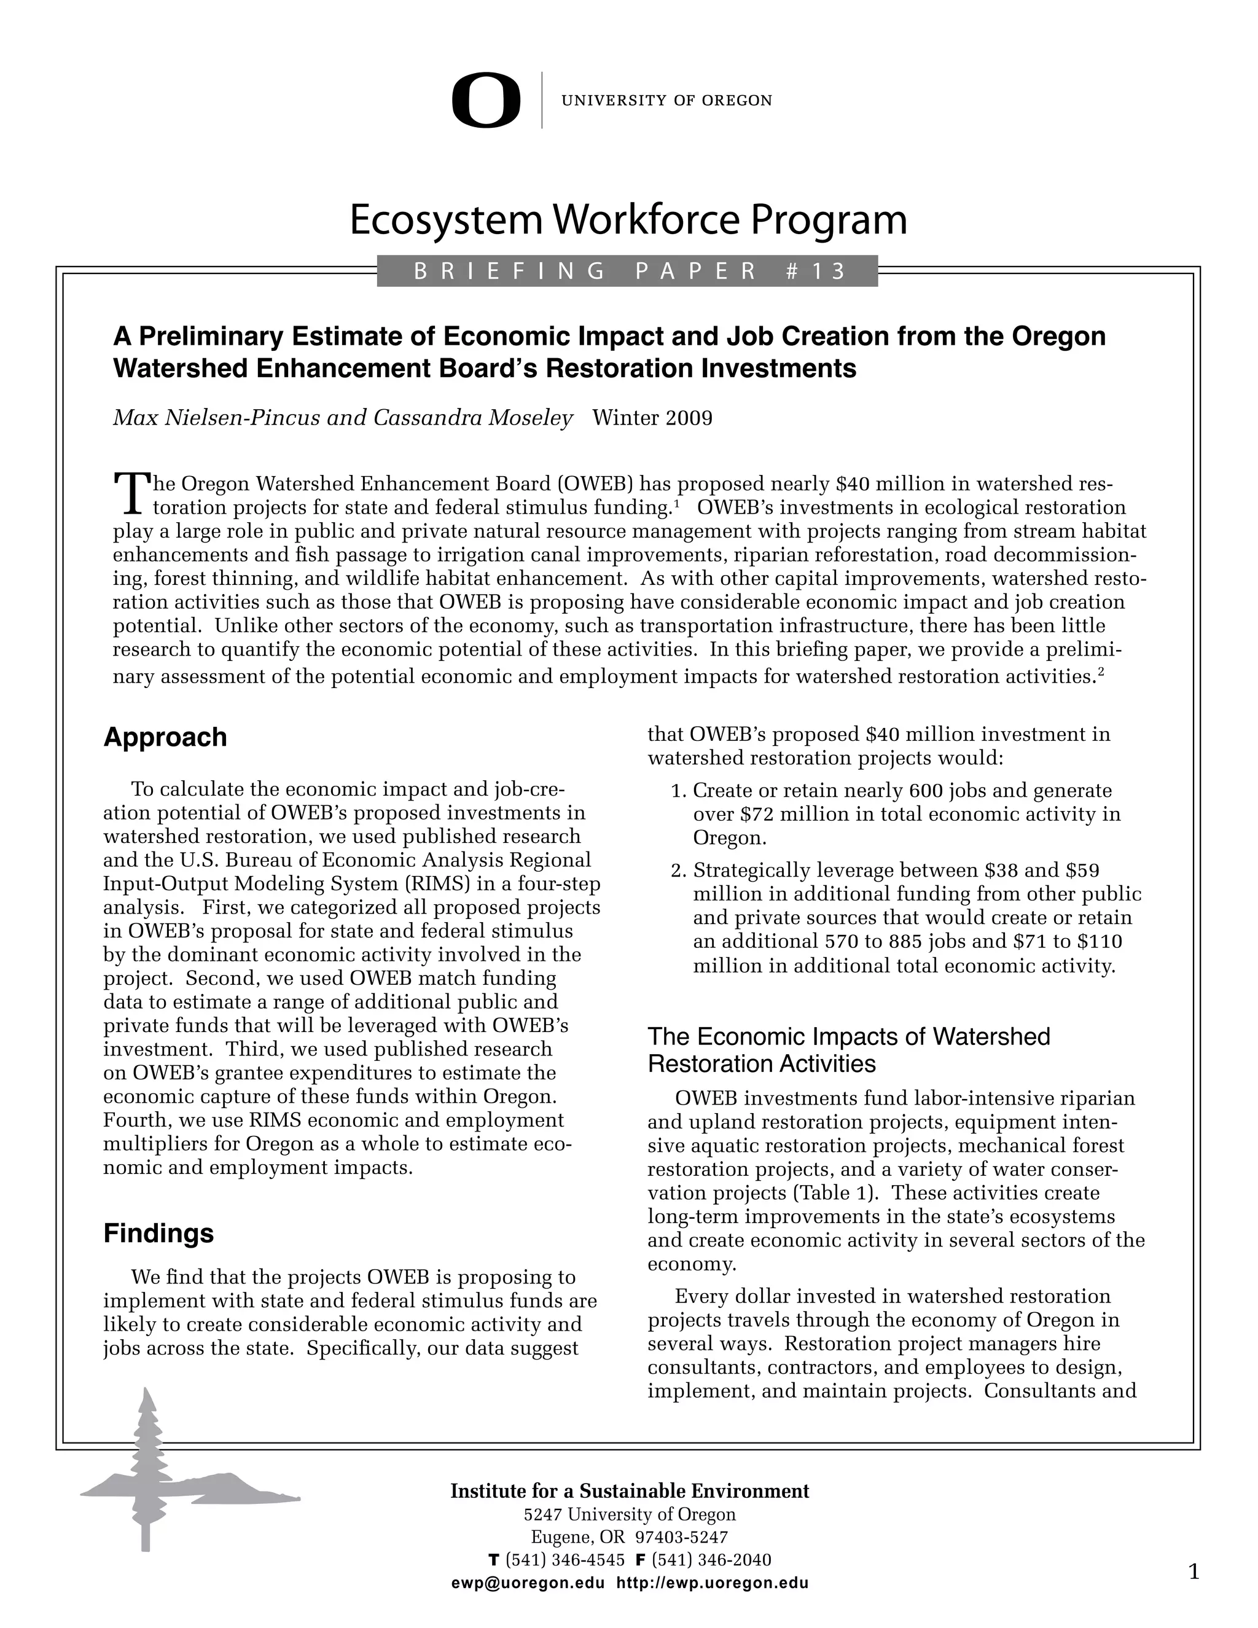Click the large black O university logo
[x=486, y=100]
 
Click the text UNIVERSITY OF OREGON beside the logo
[x=666, y=101]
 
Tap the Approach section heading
[x=165, y=737]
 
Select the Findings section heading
[x=158, y=1233]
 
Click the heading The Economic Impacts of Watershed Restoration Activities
[x=848, y=1049]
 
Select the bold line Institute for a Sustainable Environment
[x=629, y=1491]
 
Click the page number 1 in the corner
[x=1193, y=1572]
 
